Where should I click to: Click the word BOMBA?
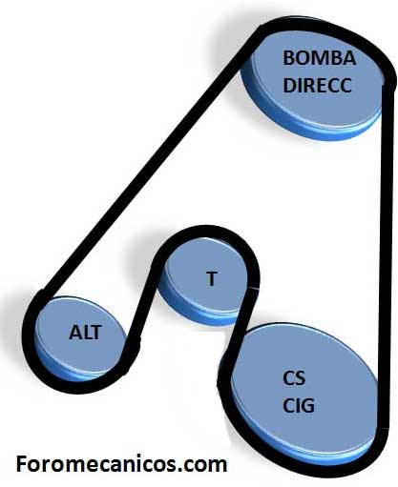pyautogui.click(x=319, y=58)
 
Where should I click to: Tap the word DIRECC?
pyautogui.click(x=317, y=85)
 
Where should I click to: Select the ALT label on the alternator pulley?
pyautogui.click(x=85, y=333)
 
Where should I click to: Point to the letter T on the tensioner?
pyautogui.click(x=211, y=278)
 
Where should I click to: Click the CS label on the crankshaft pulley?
pyautogui.click(x=294, y=378)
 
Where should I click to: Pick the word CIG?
pyautogui.click(x=299, y=405)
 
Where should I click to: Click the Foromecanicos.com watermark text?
pyautogui.click(x=121, y=463)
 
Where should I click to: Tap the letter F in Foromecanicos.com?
pyautogui.click(x=21, y=463)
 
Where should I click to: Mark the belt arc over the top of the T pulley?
pyautogui.click(x=207, y=232)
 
